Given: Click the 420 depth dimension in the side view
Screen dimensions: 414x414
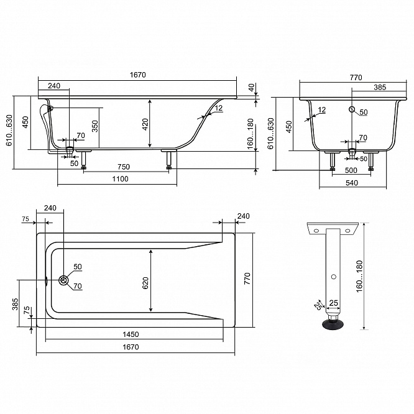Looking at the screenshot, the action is pos(145,124).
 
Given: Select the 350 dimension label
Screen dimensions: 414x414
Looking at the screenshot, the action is pos(95,126).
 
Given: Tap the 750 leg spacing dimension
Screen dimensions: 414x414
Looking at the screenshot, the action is pos(124,167).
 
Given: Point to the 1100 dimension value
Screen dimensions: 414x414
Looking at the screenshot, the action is pos(120,179).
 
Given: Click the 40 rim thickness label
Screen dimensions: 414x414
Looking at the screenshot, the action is pos(251,87).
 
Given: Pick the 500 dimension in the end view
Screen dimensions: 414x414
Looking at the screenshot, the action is pos(351,170).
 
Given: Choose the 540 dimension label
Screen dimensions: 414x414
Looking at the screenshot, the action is pos(352,183).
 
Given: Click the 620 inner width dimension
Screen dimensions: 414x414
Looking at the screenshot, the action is pos(145,283).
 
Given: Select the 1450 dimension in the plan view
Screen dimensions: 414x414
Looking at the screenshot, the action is pos(131,334).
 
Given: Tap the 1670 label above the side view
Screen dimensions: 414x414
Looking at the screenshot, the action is pos(137,75).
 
